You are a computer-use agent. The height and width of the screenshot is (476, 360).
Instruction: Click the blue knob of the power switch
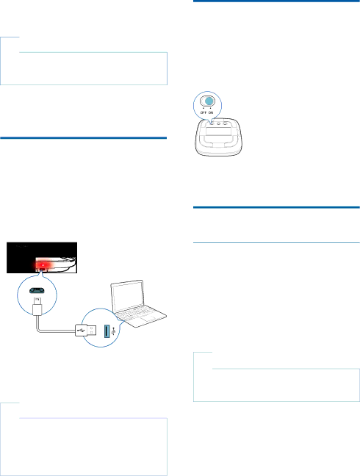(209, 101)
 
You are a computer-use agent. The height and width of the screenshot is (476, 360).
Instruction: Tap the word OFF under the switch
(204, 112)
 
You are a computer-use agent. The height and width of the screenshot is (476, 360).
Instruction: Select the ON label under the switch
(211, 112)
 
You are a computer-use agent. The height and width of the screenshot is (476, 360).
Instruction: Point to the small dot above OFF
(204, 108)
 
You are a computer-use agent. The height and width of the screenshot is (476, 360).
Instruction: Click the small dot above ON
(211, 108)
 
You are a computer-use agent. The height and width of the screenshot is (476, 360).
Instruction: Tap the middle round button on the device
(218, 123)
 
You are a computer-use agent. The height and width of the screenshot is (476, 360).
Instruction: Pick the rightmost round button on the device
(226, 123)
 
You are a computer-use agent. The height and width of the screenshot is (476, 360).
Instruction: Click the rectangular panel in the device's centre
(218, 131)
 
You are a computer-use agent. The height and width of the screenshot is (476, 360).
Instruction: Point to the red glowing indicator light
(43, 265)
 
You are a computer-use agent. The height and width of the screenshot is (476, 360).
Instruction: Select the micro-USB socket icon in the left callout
(37, 290)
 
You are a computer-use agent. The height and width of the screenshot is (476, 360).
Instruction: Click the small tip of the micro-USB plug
(37, 301)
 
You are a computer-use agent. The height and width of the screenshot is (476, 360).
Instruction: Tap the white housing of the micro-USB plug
(37, 310)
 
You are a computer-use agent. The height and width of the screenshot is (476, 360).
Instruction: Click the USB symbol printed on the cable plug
(81, 330)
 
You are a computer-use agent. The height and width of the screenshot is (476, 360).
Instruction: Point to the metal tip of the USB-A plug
(93, 331)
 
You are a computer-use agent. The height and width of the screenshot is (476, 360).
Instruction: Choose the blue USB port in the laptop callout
(107, 331)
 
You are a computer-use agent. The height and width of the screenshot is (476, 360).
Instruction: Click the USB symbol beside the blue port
(114, 331)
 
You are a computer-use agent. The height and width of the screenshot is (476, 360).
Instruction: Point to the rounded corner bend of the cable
(38, 329)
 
